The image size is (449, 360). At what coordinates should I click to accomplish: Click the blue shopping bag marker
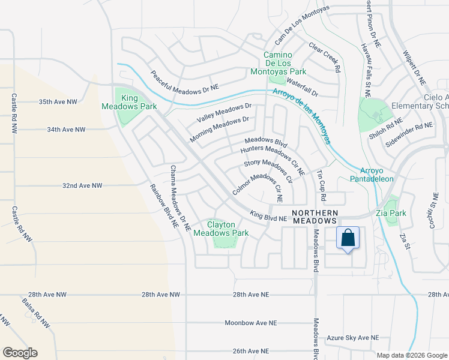[348, 239]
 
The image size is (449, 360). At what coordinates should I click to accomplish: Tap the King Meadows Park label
[138, 102]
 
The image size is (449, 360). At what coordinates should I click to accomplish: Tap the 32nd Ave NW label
[82, 186]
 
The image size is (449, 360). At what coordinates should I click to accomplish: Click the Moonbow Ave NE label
[251, 323]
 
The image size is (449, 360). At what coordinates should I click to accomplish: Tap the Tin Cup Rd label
[322, 185]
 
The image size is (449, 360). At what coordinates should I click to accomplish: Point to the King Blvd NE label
[268, 216]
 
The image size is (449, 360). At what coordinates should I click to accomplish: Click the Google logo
[20, 353]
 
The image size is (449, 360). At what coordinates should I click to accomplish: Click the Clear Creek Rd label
[325, 57]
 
